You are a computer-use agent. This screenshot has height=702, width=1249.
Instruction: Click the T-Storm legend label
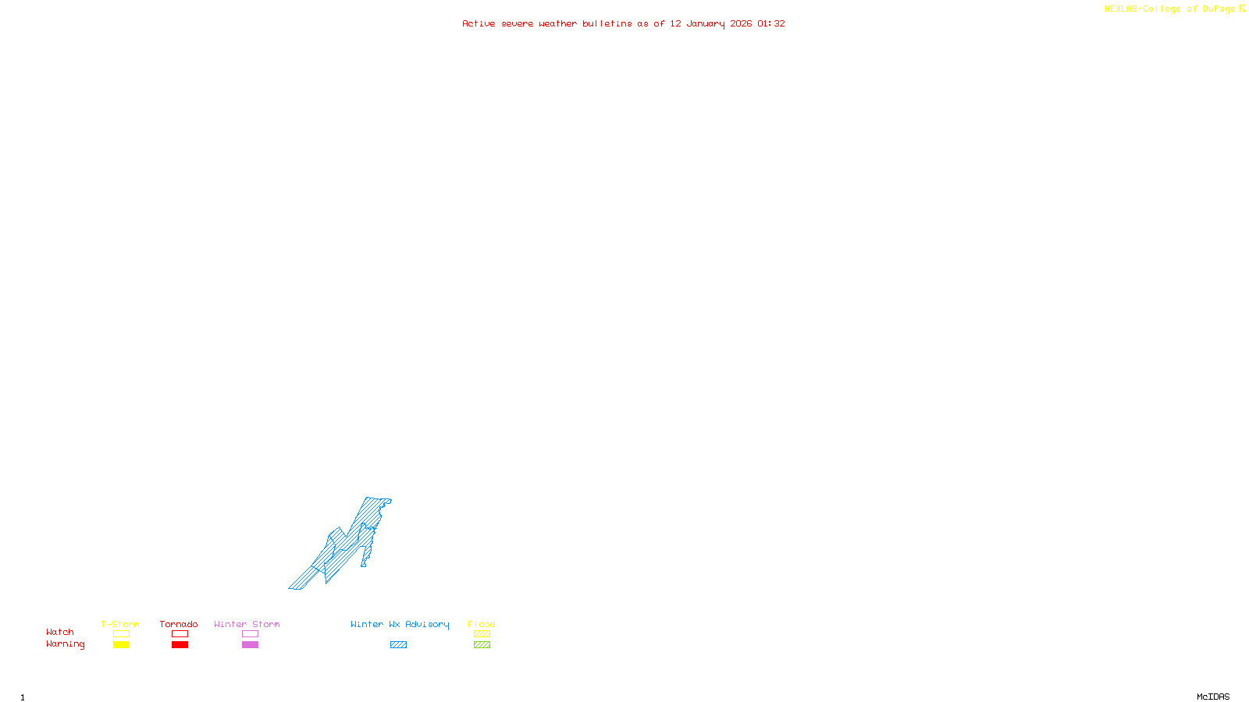[120, 624]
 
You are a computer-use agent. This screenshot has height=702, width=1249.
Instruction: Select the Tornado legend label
[179, 624]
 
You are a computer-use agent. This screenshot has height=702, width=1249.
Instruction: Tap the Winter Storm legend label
[247, 624]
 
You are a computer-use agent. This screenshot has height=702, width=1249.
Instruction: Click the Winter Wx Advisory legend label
[400, 624]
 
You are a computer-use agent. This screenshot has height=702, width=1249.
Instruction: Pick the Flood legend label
[482, 624]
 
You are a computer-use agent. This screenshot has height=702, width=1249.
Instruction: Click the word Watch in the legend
[60, 632]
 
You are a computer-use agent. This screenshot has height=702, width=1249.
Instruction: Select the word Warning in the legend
[65, 644]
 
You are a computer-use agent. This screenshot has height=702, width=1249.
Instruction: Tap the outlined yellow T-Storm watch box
[121, 634]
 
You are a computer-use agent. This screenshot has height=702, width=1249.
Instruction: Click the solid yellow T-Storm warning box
[121, 645]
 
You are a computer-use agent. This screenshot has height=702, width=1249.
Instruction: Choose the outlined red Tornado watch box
[180, 634]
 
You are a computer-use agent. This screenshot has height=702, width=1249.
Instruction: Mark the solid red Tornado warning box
[180, 645]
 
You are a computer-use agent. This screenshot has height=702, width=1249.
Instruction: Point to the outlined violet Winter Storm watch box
[250, 634]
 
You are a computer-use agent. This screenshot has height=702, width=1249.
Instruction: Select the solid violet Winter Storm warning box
[250, 645]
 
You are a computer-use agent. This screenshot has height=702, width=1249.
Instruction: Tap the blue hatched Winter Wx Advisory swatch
[398, 645]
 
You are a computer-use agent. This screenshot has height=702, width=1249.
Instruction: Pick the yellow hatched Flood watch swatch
[482, 634]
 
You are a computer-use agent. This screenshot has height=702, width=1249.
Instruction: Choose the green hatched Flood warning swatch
[482, 645]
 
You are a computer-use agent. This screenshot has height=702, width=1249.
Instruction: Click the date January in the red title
[706, 23]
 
